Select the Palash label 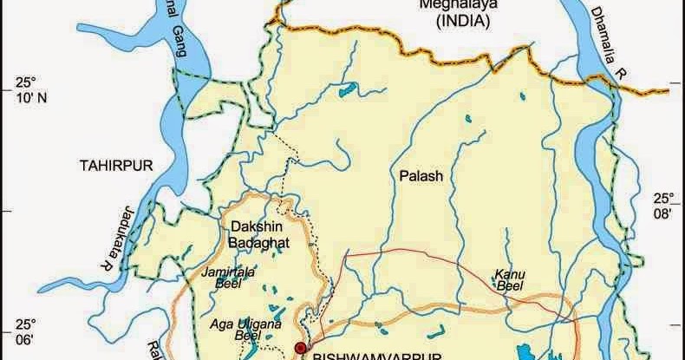tap(421, 175)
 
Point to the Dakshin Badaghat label tap(253, 235)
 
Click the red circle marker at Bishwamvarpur tap(300, 348)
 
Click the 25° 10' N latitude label tap(26, 89)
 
